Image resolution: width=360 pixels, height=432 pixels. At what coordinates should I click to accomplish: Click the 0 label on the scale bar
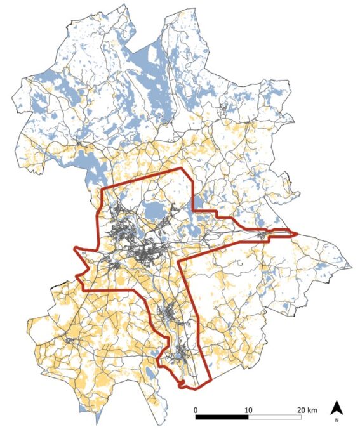pos(196,409)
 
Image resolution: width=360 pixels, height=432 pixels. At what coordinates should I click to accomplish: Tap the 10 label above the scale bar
pos(248,409)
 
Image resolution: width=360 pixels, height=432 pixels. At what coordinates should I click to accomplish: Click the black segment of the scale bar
pos(222,417)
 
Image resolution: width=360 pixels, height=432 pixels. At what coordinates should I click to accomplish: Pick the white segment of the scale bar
pos(274,417)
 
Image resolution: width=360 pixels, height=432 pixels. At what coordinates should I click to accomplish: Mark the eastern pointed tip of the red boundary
pos(297,234)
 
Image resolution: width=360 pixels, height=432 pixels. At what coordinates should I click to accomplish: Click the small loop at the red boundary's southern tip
pos(182,384)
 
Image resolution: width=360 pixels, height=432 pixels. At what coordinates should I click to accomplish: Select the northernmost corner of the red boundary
pos(182,169)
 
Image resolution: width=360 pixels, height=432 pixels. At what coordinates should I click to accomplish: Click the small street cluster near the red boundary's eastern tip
pos(262,236)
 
